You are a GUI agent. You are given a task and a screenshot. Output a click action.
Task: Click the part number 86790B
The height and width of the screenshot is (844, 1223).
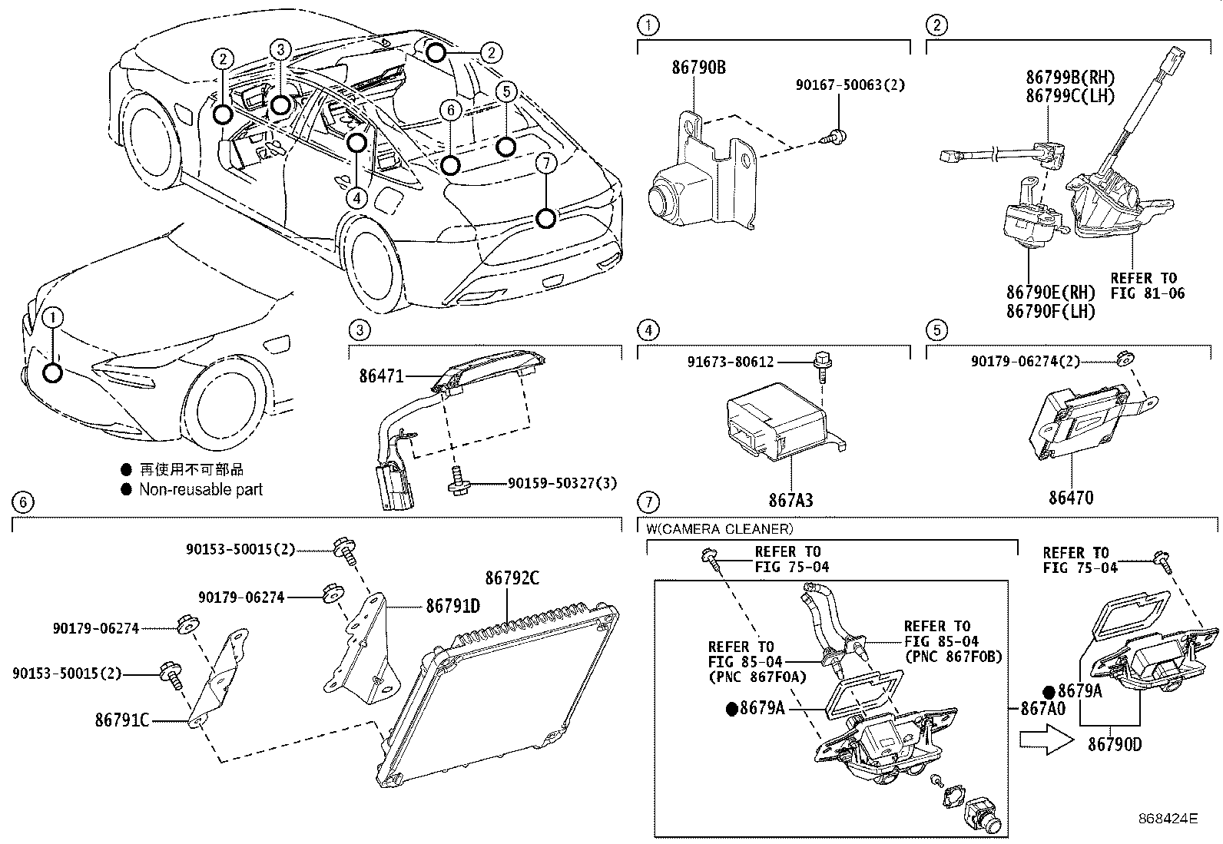tap(698, 68)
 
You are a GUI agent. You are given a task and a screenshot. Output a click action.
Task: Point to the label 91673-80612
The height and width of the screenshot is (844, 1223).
tap(731, 362)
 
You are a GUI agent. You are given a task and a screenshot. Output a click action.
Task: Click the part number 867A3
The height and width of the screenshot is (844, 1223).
tap(790, 500)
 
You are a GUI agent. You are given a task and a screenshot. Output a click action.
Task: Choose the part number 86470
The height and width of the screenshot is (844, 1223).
tap(1071, 498)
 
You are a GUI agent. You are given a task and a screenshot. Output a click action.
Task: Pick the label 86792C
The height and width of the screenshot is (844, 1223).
tap(512, 578)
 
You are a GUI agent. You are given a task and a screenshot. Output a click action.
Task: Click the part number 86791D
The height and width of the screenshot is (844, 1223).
tap(453, 606)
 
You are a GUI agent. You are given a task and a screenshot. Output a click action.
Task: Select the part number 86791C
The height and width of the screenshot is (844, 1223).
tap(122, 720)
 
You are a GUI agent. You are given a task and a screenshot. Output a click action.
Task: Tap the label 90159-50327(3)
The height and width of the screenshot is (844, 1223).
tap(562, 484)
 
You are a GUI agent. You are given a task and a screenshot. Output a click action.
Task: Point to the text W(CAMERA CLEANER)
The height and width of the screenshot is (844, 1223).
tap(720, 528)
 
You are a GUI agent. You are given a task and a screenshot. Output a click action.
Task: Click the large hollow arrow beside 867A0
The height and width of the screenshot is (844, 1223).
tap(1045, 740)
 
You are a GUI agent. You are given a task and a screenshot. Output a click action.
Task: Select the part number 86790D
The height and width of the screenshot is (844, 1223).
tap(1114, 743)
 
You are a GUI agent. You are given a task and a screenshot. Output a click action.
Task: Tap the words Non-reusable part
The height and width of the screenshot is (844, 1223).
tap(201, 489)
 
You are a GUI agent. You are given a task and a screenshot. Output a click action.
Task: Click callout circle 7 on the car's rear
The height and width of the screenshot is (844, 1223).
tap(546, 219)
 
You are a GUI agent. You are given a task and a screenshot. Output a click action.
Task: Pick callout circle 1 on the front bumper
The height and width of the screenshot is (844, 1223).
tap(52, 373)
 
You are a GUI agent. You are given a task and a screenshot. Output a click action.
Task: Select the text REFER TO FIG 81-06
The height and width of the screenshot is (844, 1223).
tap(1148, 285)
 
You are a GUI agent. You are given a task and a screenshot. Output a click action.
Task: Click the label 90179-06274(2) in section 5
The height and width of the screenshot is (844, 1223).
tap(1057, 360)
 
